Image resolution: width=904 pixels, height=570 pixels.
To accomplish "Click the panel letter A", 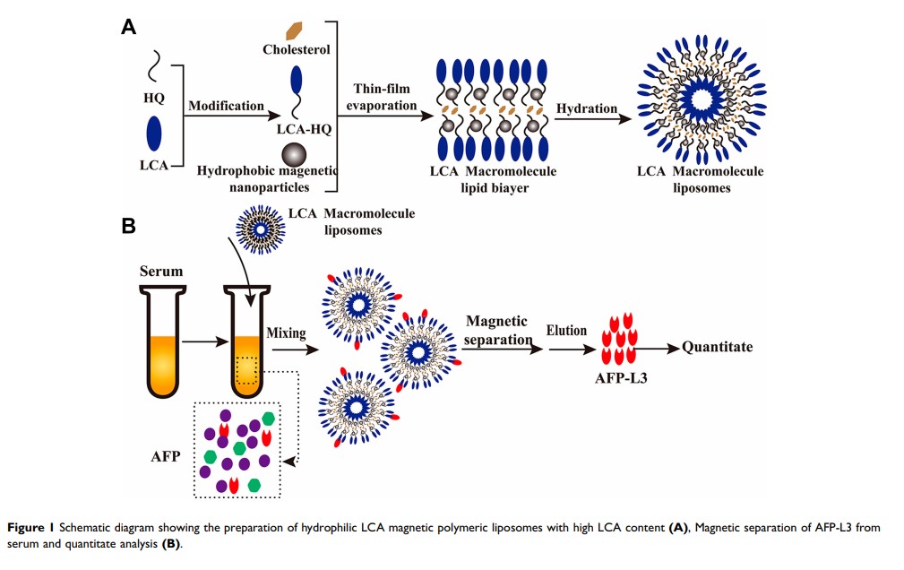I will click(x=129, y=28).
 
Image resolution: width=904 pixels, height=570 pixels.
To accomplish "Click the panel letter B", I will click(x=129, y=226).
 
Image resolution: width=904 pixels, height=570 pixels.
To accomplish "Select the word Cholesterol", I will click(x=296, y=49).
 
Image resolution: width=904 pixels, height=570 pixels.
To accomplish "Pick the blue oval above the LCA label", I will click(x=154, y=134).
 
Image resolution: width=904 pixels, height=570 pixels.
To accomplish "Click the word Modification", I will click(x=226, y=106).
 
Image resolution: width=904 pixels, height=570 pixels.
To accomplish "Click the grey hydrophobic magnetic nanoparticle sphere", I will click(x=295, y=153).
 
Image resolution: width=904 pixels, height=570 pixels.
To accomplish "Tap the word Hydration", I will click(x=587, y=108).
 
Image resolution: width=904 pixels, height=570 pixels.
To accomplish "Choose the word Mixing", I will click(x=286, y=332).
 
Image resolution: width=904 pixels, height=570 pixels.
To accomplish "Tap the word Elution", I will click(x=566, y=331).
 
